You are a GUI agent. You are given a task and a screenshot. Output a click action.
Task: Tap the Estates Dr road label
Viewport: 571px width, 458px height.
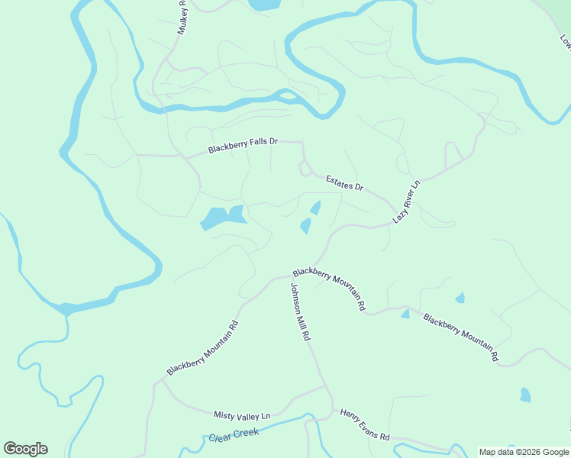[345, 182]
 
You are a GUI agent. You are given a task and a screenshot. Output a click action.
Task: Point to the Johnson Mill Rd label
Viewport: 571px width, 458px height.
[300, 311]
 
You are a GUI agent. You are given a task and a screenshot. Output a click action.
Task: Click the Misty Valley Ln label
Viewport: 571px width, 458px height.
[242, 415]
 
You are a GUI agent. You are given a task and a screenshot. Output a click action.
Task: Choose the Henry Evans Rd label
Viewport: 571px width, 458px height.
[365, 424]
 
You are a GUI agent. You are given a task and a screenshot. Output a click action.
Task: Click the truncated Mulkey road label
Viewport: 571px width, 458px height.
[182, 17]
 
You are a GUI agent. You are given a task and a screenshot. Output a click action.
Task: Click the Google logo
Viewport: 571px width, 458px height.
[25, 449]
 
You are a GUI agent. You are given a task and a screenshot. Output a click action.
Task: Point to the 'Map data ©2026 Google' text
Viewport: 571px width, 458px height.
[524, 452]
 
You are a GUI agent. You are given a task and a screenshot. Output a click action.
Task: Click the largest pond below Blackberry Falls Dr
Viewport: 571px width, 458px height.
[222, 218]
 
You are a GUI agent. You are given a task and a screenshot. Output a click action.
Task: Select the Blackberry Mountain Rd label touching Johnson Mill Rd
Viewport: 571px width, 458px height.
[329, 288]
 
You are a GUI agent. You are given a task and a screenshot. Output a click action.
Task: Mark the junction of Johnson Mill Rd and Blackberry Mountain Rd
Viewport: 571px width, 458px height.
[291, 276]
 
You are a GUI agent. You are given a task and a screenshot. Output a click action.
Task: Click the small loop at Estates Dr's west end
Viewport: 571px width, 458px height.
[305, 168]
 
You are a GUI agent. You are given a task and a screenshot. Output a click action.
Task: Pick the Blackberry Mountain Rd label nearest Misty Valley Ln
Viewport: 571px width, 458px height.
[202, 347]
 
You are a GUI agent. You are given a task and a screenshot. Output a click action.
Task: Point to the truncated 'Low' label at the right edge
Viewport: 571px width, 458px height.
[566, 43]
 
